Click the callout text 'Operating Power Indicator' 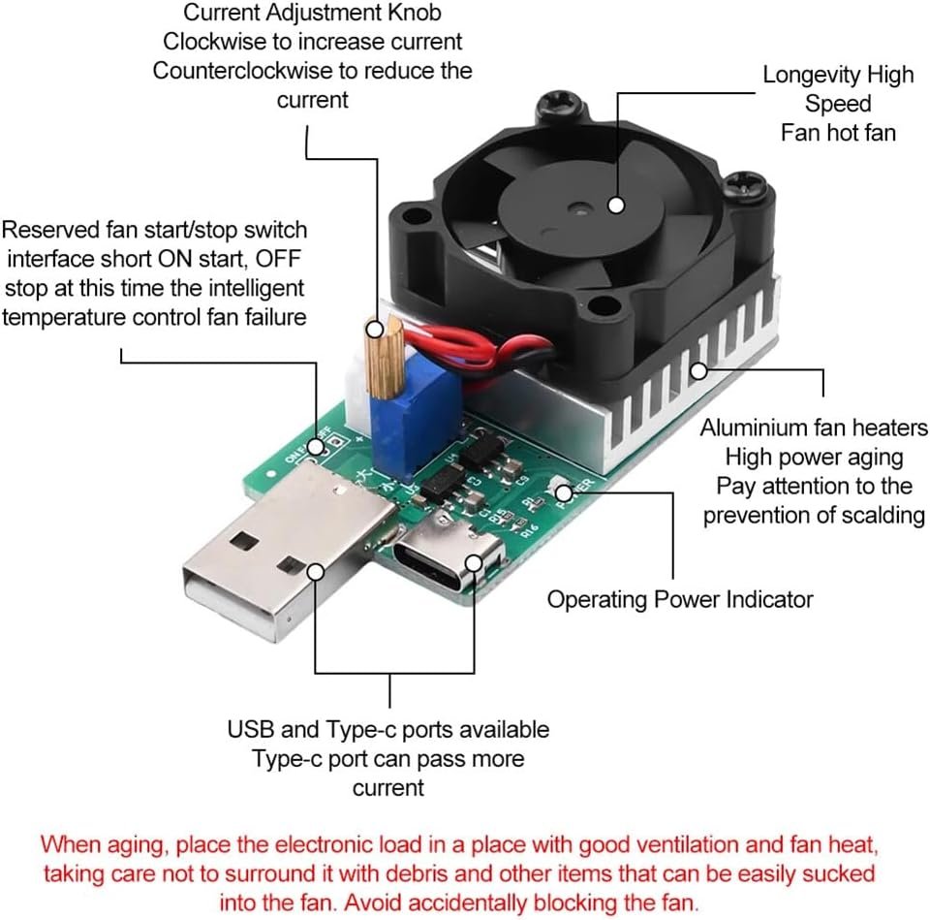680,599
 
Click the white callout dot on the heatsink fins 699,371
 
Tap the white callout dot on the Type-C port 474,563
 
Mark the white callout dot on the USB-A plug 316,572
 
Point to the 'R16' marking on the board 530,529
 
